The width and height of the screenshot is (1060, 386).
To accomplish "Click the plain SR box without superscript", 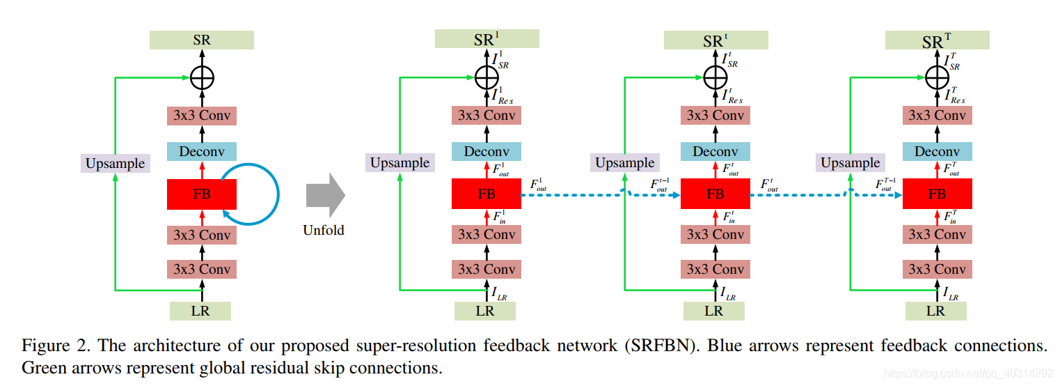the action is point(202,40).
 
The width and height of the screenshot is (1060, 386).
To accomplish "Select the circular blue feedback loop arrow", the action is point(278,194).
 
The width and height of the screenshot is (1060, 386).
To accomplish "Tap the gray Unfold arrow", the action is point(326,194).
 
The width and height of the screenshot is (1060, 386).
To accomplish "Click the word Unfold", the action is point(323,230).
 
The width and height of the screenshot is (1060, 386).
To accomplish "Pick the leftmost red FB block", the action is point(202,194).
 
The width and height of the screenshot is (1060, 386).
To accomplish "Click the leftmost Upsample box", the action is point(115,164).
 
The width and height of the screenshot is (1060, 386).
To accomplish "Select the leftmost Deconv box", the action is point(202,152).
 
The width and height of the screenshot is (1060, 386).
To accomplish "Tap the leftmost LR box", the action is point(200,311).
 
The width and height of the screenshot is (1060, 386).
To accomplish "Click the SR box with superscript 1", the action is point(487,39).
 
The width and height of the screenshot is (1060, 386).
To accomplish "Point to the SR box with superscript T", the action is point(937,40).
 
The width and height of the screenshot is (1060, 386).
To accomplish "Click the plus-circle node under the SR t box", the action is point(715,77).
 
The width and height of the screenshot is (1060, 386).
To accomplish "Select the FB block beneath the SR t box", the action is point(715,194).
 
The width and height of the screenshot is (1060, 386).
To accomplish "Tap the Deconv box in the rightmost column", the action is point(937,152).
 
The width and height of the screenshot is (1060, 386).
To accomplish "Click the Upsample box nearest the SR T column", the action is point(851,163).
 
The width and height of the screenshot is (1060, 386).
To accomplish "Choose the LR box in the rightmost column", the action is point(935,311).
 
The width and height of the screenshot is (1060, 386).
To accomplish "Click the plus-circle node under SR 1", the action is point(487,77).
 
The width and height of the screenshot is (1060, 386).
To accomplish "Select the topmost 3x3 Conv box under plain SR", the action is point(202,116).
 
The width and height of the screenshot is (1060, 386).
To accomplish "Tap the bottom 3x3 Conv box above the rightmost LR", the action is point(937,269).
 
